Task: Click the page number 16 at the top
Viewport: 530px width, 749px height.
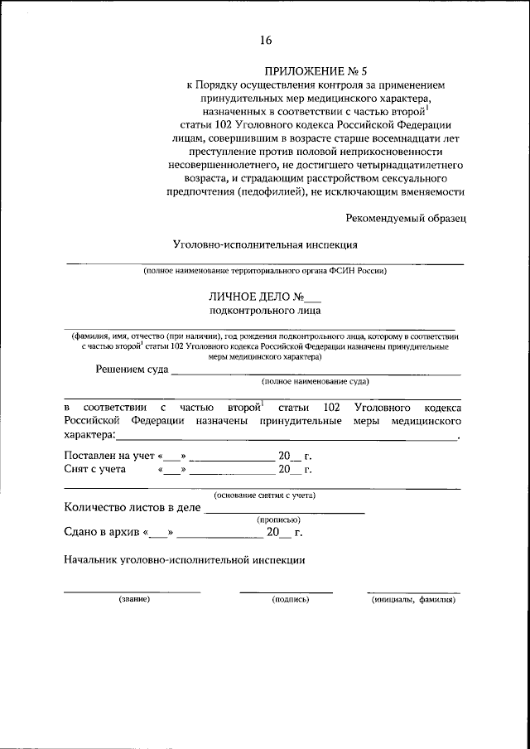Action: pyautogui.click(x=265, y=41)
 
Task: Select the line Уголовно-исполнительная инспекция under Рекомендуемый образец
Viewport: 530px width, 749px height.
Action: pyautogui.click(x=265, y=245)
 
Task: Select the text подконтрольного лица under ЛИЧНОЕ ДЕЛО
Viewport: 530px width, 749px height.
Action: pyautogui.click(x=264, y=311)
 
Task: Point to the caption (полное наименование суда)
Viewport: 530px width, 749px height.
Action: pyautogui.click(x=315, y=382)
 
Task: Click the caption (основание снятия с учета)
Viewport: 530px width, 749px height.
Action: pyautogui.click(x=263, y=495)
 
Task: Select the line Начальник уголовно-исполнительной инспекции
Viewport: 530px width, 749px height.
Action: pyautogui.click(x=185, y=559)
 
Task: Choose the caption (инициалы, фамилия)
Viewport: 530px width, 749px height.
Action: pyautogui.click(x=414, y=598)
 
